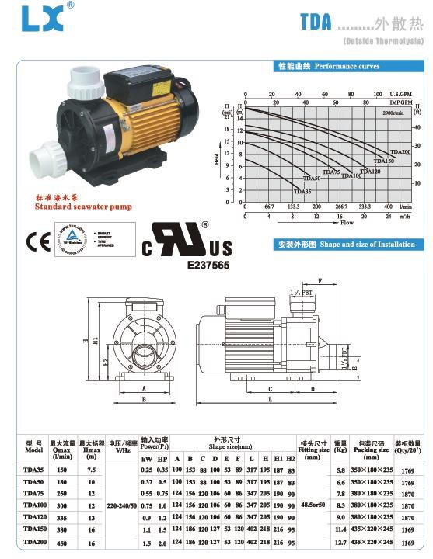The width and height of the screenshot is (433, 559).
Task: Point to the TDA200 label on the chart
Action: (400, 152)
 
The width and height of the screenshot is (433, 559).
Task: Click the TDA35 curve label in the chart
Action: (302, 191)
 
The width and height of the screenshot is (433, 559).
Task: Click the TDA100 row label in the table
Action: (33, 505)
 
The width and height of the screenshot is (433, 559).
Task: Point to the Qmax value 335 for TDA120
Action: (61, 516)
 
